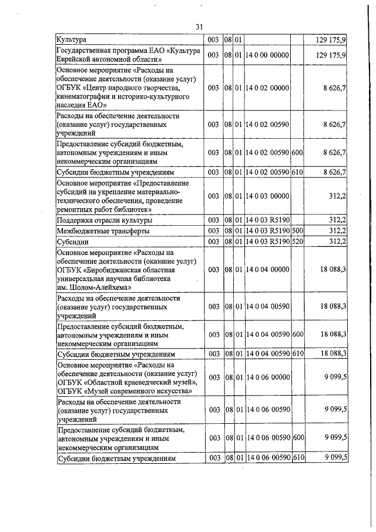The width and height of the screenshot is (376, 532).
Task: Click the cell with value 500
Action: point(297,231)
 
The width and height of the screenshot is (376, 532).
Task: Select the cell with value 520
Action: point(297,242)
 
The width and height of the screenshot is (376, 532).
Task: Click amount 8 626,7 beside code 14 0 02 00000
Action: point(334,88)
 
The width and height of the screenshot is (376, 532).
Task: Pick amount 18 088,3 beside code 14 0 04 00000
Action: point(333,269)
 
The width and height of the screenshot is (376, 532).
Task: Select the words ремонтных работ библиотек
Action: point(104,209)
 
